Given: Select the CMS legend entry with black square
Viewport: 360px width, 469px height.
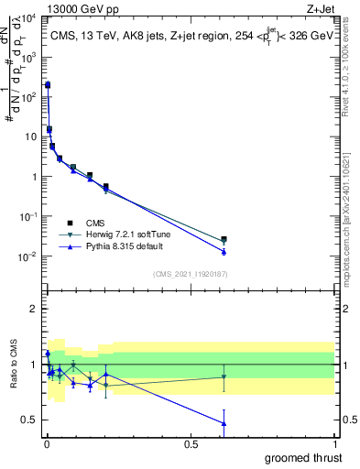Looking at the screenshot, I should (x=95, y=223).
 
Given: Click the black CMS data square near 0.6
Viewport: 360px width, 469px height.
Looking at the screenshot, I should (x=224, y=239).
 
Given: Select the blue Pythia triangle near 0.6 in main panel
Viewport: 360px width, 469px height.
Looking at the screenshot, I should (x=224, y=251).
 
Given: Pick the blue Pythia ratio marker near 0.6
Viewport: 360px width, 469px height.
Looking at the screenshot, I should (x=224, y=422).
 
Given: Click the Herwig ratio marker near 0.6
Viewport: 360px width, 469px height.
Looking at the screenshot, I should (x=224, y=376).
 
